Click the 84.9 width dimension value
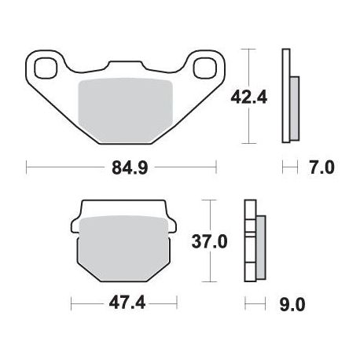pyautogui.click(x=130, y=167)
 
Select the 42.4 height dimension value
pyautogui.click(x=248, y=97)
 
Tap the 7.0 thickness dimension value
pyautogui.click(x=321, y=167)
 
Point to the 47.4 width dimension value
pyautogui.click(x=127, y=303)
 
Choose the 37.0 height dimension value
pyautogui.click(x=209, y=241)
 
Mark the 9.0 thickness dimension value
pyautogui.click(x=292, y=305)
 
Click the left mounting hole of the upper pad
pyautogui.click(x=46, y=68)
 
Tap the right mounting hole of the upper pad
pyautogui.click(x=204, y=68)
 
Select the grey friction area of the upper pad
pyautogui.click(x=126, y=111)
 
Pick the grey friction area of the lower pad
pyautogui.click(x=123, y=248)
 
